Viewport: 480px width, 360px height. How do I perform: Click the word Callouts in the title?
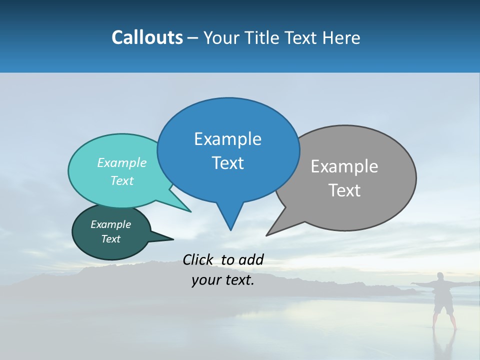pyautogui.click(x=147, y=37)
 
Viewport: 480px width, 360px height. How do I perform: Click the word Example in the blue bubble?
pyautogui.click(x=227, y=139)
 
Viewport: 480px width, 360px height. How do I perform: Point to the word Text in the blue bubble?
pyautogui.click(x=227, y=163)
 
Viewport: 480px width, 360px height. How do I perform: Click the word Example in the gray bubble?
pyautogui.click(x=344, y=166)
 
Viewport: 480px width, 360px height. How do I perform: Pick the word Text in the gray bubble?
pyautogui.click(x=344, y=190)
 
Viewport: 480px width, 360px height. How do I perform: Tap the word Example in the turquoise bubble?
pyautogui.click(x=122, y=162)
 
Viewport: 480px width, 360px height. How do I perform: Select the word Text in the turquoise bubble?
pyautogui.click(x=122, y=180)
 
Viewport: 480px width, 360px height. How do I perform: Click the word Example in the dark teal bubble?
pyautogui.click(x=111, y=224)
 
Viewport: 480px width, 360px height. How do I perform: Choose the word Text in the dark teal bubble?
pyautogui.click(x=111, y=239)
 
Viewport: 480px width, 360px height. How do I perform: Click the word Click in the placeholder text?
pyautogui.click(x=199, y=259)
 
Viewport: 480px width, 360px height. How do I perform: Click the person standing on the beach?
pyautogui.click(x=443, y=300)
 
